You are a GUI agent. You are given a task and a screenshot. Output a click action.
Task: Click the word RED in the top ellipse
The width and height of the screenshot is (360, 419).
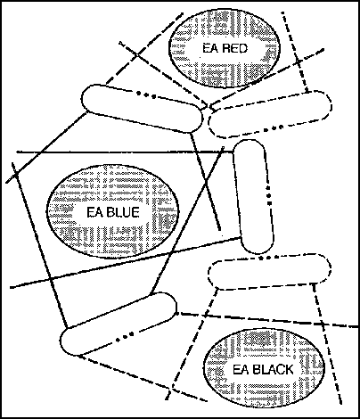point(234,48)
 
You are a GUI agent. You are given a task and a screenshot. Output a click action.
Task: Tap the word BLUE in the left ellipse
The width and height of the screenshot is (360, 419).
point(123,213)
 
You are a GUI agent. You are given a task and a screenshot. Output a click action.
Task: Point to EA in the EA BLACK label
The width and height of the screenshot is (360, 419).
point(241,370)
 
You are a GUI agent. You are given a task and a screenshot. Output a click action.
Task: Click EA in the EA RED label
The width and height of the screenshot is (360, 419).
point(211,48)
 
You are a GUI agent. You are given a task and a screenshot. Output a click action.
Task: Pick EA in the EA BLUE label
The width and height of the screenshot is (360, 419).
point(94,213)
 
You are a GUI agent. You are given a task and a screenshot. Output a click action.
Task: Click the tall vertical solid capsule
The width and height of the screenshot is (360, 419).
point(253,196)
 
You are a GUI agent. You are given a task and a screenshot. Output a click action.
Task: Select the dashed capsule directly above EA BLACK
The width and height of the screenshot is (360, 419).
point(269,272)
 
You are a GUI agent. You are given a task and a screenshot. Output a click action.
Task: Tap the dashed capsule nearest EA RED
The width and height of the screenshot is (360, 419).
point(270,114)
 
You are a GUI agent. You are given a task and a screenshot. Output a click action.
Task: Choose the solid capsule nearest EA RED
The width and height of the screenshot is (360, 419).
point(142,108)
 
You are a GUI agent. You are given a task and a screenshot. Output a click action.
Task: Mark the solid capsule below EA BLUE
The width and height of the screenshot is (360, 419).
point(119,324)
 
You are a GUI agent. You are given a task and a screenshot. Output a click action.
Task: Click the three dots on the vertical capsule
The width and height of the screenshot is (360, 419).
point(269,195)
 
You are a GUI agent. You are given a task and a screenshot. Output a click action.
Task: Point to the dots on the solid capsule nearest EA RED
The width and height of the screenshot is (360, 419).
point(146,95)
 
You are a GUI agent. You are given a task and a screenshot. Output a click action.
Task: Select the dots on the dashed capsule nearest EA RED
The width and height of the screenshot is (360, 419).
point(274,128)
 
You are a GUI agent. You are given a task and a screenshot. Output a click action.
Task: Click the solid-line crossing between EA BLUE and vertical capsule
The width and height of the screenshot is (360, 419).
point(206,181)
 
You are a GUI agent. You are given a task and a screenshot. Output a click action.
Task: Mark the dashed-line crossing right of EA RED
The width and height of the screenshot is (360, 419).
point(299,62)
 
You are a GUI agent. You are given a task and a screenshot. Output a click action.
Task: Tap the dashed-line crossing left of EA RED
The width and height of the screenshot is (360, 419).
point(136,54)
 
